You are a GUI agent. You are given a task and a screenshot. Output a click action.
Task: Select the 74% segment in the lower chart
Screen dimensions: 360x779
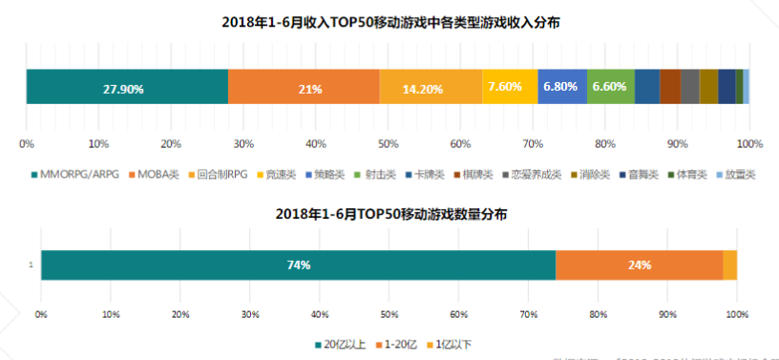298,265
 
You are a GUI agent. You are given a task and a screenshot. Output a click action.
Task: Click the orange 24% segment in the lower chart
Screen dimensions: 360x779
639,265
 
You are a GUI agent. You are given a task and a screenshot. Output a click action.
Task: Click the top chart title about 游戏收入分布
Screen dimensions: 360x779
389,21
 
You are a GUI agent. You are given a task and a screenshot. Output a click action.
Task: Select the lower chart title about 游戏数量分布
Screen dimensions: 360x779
389,215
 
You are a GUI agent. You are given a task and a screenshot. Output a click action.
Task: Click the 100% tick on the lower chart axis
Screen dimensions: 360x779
736,313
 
